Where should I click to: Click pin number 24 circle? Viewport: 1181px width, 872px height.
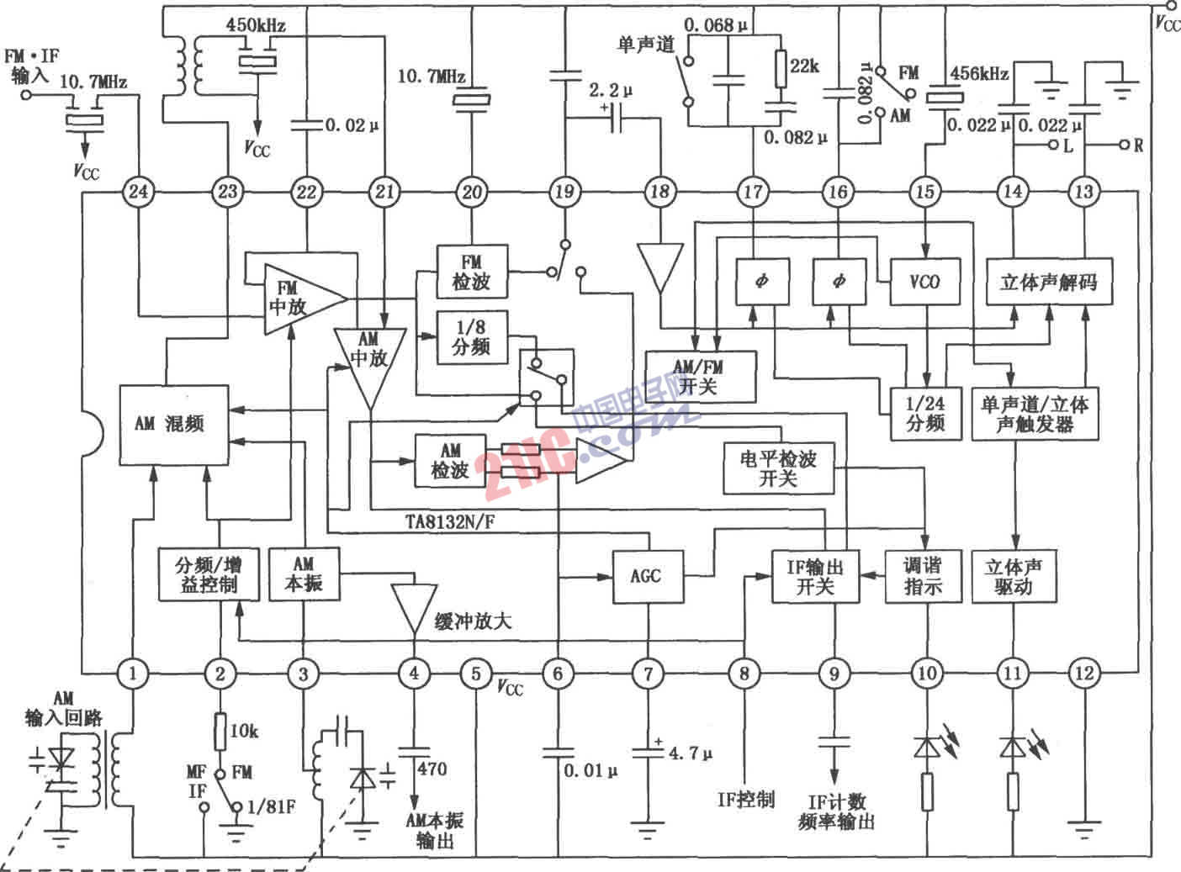click(138, 192)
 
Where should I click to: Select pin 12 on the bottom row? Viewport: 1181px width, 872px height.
click(1084, 673)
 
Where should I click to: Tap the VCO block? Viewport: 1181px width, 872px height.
click(924, 281)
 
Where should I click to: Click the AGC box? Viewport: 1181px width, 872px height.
click(646, 576)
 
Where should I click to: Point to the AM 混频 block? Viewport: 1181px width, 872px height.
click(174, 424)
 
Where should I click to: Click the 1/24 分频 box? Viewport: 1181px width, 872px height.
click(925, 414)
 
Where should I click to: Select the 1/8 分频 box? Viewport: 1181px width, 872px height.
click(471, 337)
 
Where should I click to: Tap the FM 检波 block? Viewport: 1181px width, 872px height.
click(472, 271)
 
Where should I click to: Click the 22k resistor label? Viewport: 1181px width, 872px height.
click(804, 66)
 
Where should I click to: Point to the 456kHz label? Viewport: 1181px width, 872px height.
click(979, 73)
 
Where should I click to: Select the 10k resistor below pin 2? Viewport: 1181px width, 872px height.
click(220, 731)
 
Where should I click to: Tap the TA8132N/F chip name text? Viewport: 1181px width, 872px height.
click(451, 522)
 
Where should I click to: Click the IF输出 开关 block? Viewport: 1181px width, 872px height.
click(815, 576)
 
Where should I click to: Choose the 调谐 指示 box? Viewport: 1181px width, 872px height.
click(923, 576)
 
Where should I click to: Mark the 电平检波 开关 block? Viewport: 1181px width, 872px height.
click(778, 469)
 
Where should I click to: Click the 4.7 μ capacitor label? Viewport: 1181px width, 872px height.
click(691, 753)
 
